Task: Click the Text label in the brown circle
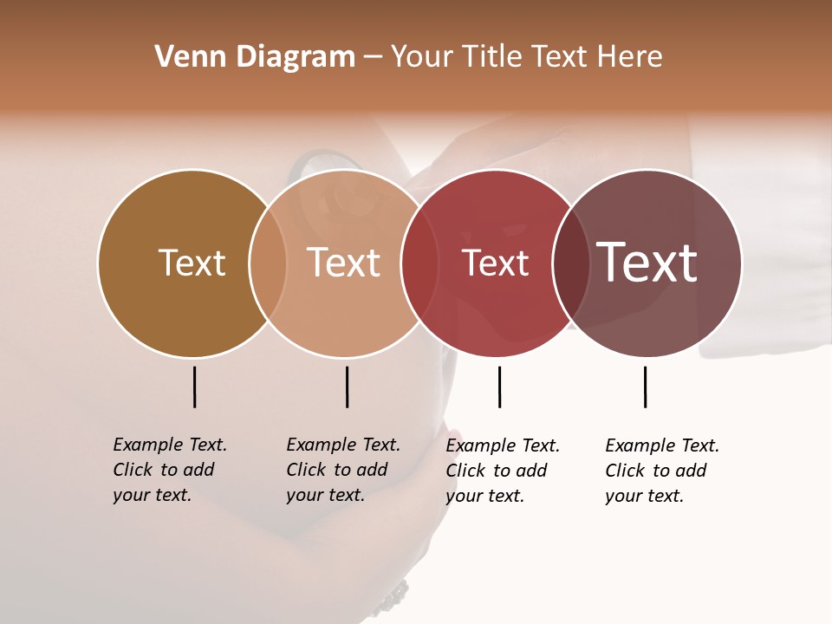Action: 192,263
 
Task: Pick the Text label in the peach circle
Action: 344,263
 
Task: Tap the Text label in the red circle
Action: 495,263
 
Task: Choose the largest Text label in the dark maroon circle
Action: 647,263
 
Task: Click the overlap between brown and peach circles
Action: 268,263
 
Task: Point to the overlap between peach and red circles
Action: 419,263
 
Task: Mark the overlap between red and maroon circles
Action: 571,263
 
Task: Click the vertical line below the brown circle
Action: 194,387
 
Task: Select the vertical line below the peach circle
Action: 347,387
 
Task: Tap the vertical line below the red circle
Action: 499,387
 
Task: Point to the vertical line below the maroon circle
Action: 645,387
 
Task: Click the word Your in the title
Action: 422,57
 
